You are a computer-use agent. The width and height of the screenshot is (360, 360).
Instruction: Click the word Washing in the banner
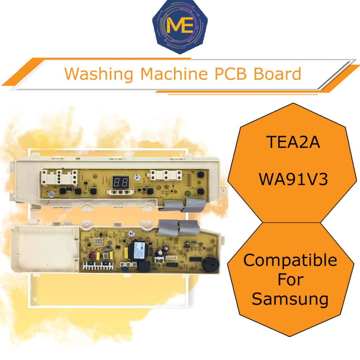tap(99, 74)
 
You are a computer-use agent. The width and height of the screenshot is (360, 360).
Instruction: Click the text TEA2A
tap(293, 142)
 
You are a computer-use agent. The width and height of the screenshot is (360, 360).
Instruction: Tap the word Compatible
tap(290, 261)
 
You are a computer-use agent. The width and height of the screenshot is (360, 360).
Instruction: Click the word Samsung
tap(290, 299)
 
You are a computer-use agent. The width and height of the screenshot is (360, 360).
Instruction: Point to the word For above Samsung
tap(290, 280)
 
